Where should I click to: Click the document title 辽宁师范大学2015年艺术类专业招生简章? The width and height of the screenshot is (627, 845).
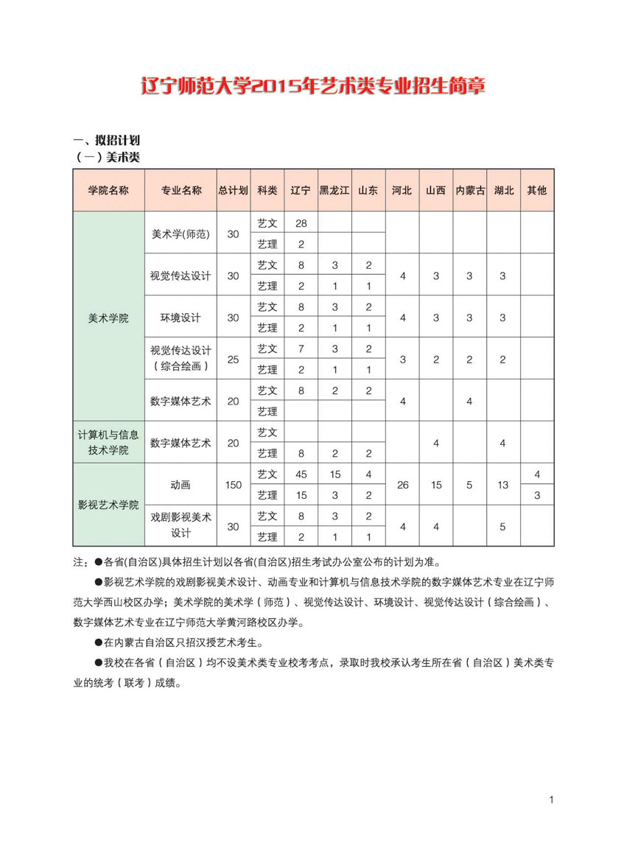[313, 86]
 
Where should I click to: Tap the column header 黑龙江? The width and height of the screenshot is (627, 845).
[334, 190]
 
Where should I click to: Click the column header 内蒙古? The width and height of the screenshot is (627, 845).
[470, 190]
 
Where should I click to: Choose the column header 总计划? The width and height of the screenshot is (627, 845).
[233, 190]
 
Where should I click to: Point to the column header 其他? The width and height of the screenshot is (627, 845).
[536, 190]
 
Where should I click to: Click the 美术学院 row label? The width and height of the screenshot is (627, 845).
[108, 318]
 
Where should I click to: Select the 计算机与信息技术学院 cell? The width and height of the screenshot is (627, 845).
[108, 442]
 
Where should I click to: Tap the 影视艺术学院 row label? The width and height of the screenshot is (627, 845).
[108, 505]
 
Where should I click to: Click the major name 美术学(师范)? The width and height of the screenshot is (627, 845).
[181, 234]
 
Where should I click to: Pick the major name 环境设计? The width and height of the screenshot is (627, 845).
[181, 318]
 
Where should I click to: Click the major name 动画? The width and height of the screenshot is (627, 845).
[181, 484]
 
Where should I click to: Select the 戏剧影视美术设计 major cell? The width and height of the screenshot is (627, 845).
[181, 525]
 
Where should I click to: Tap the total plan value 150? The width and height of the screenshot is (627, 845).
[233, 484]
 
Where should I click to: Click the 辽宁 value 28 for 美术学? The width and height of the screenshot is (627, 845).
[301, 222]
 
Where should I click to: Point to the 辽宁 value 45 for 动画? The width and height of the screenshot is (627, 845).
[301, 474]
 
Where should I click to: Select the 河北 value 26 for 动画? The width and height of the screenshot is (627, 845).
[402, 484]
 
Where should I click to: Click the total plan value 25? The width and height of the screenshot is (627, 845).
[233, 359]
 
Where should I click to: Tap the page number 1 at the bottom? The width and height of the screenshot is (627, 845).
[550, 799]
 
